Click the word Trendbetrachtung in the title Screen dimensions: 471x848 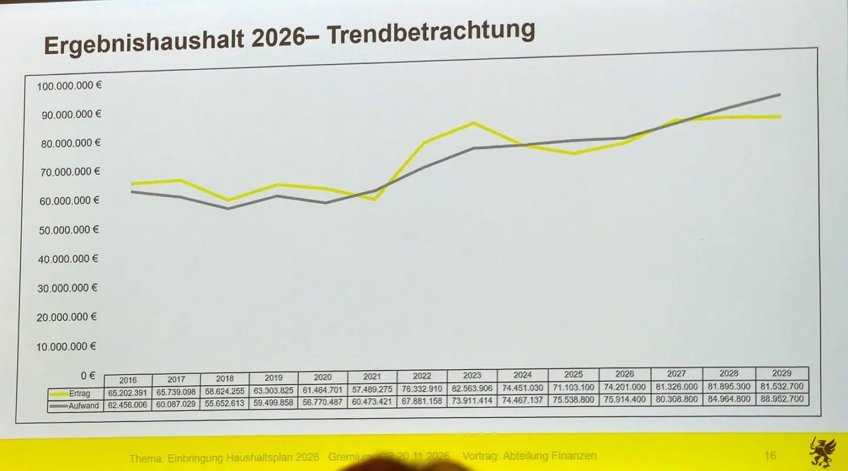pyautogui.click(x=431, y=34)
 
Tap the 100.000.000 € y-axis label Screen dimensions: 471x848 pyautogui.click(x=69, y=86)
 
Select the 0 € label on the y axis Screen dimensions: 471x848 pyautogui.click(x=88, y=375)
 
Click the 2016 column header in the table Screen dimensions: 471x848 pyautogui.click(x=128, y=380)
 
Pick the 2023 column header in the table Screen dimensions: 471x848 pyautogui.click(x=471, y=375)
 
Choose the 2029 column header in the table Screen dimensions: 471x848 pyautogui.click(x=782, y=373)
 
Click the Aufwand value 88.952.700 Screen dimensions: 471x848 pyautogui.click(x=782, y=399)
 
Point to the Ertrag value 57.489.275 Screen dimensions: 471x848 pyautogui.click(x=372, y=389)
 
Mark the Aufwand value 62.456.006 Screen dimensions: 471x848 pyautogui.click(x=128, y=405)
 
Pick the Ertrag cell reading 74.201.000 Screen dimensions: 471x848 pyautogui.click(x=624, y=387)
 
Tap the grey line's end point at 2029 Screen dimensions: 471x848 pyautogui.click(x=780, y=94)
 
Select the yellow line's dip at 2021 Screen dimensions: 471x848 pyautogui.click(x=374, y=199)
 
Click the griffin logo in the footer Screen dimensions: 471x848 pyautogui.click(x=822, y=452)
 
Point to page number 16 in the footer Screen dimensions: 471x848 pyautogui.click(x=770, y=455)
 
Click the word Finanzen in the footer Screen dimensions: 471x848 pyautogui.click(x=576, y=456)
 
